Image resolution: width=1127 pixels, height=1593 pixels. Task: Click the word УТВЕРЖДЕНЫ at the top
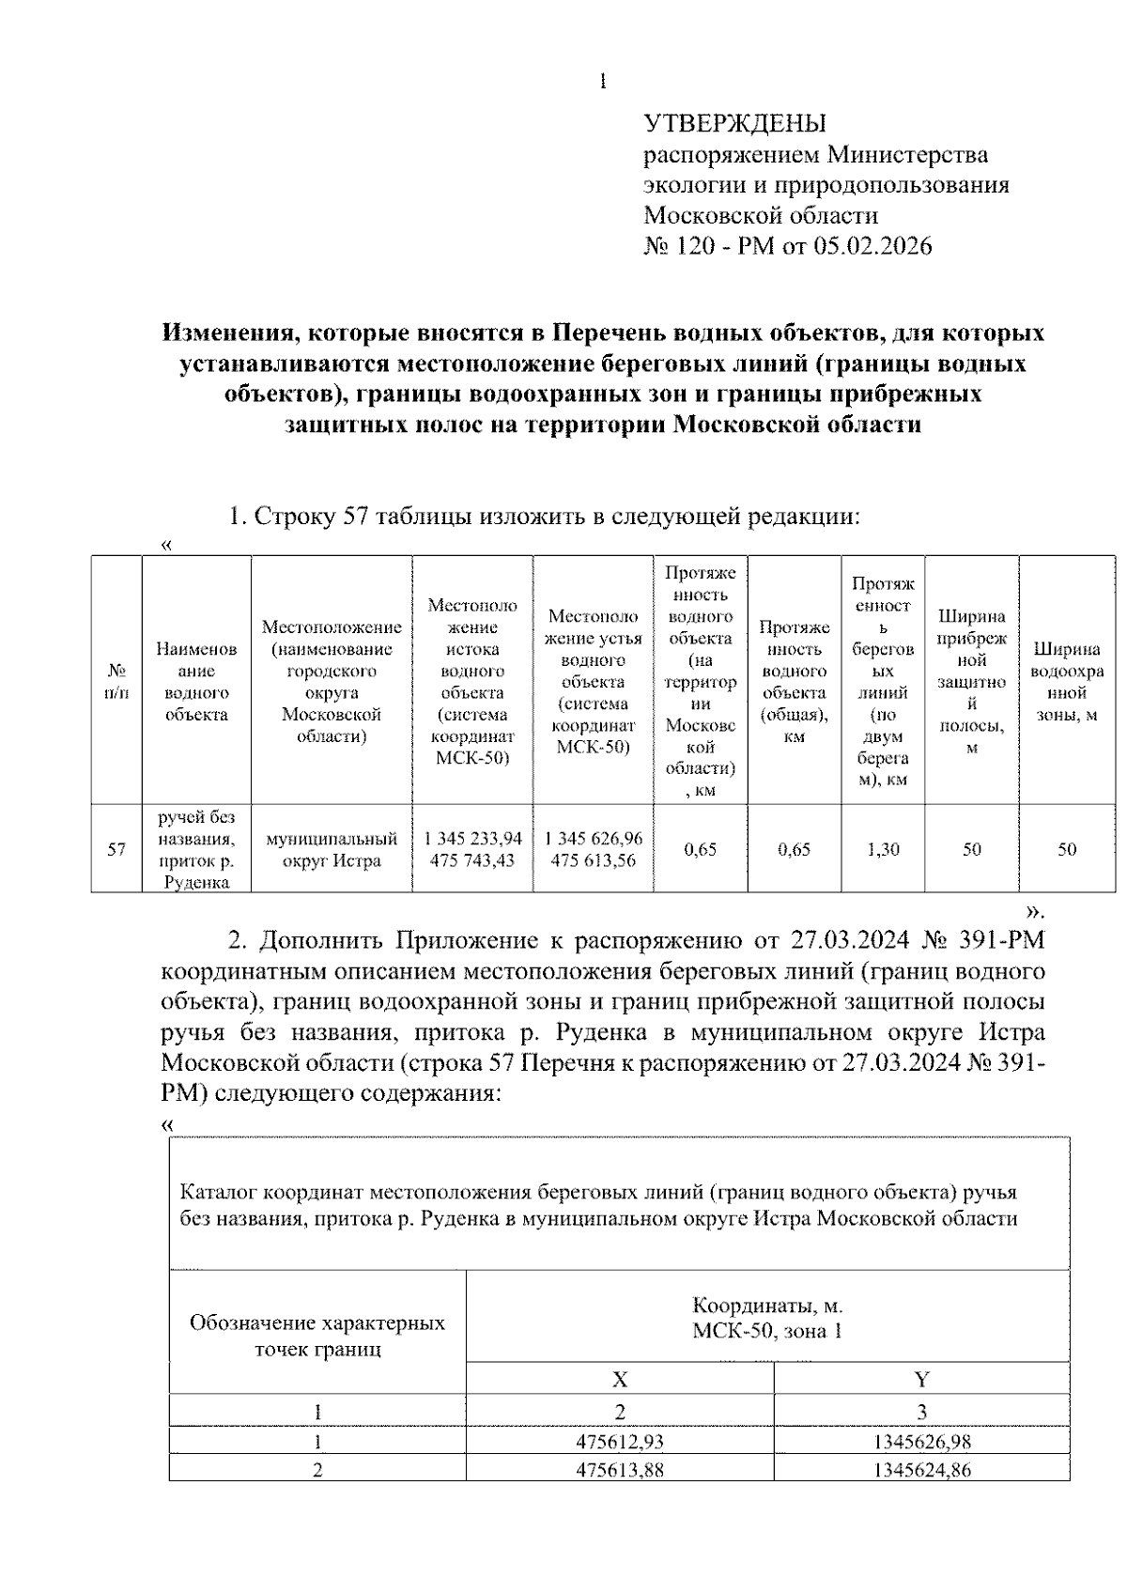[x=734, y=123]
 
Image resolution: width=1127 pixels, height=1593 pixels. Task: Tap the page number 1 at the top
[x=602, y=82]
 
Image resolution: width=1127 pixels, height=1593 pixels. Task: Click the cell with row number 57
[x=116, y=849]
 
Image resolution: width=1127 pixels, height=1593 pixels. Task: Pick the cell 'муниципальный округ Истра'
[x=332, y=849]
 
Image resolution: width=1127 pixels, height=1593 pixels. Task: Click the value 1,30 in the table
[x=883, y=849]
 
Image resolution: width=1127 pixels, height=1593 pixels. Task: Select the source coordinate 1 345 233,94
[x=472, y=838]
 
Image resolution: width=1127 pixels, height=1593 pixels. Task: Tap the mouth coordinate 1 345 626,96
[x=594, y=838]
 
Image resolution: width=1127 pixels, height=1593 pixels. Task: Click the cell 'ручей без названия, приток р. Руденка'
[x=196, y=849]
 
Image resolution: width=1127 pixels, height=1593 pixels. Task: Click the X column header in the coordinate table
[x=620, y=1379]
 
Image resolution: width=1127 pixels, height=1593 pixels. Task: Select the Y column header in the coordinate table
[x=921, y=1379]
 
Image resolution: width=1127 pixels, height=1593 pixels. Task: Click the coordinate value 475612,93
[x=620, y=1442]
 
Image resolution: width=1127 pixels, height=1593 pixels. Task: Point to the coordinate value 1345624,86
[x=921, y=1470]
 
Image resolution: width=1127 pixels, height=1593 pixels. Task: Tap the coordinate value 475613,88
[x=620, y=1470]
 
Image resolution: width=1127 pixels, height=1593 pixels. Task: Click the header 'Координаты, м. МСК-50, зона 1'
[x=767, y=1318]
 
